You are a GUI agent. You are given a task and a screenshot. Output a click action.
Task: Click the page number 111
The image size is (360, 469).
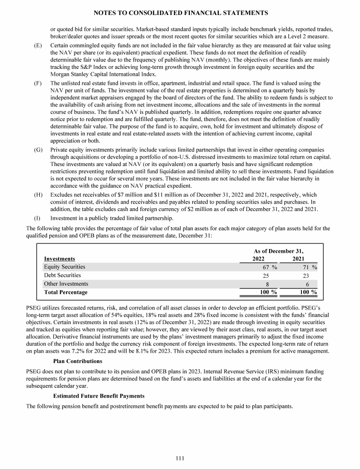180,458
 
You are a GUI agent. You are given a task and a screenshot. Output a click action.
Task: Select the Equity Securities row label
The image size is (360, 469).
65,267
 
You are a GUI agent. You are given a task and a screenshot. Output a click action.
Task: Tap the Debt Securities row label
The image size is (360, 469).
62,275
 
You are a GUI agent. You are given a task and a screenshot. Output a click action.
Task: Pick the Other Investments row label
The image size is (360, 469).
66,284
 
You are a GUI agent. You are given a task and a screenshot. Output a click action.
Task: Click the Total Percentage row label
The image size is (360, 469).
66,292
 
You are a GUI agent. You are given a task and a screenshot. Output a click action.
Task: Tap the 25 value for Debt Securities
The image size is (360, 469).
265,276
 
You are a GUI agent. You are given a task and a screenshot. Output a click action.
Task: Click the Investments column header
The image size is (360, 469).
60,258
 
